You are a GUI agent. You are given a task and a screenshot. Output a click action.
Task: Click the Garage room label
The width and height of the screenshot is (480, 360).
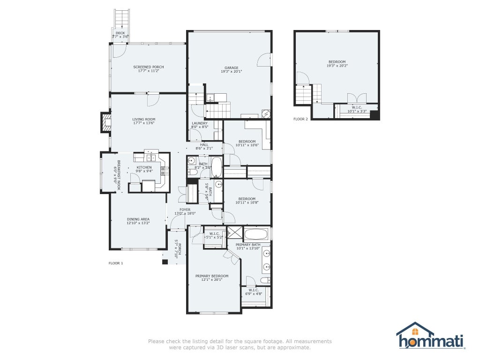coord(232,68)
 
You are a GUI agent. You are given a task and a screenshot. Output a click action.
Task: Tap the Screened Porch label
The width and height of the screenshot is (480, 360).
coord(149,67)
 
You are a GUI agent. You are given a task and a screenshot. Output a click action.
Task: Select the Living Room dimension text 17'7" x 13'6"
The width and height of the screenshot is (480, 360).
coord(144,123)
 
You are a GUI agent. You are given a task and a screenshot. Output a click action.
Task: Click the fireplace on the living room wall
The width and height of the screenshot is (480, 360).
coord(106,122)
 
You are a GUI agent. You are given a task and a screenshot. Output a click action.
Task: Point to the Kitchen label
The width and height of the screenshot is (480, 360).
coord(144,167)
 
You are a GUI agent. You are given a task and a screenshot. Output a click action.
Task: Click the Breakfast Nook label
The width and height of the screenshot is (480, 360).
coord(119,175)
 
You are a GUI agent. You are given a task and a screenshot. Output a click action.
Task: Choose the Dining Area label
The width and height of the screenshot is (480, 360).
coord(138,219)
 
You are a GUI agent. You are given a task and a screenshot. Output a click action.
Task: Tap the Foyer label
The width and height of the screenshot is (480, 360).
coord(185,210)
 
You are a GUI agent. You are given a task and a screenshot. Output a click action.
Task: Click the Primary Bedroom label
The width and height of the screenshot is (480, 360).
coord(212,276)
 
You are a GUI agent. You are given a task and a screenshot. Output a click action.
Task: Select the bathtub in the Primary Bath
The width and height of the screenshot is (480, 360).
coord(256,235)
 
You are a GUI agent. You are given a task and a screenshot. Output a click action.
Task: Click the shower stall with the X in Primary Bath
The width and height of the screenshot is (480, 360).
coord(235,233)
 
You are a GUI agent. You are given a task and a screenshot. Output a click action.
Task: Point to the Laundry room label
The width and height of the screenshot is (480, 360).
coord(200,123)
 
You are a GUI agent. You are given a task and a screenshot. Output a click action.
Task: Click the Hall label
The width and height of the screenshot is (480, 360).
coord(204,145)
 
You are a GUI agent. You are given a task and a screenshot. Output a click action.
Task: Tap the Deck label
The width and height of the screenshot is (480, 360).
coord(120,33)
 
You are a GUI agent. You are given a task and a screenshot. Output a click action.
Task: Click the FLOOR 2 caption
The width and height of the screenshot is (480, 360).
coord(300,119)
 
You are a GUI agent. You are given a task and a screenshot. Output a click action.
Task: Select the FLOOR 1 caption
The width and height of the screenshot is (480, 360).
coord(116,263)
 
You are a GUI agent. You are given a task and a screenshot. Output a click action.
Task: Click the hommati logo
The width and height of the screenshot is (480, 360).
coord(430,336)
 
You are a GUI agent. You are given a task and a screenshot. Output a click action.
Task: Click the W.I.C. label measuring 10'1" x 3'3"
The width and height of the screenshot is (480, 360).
coord(357,107)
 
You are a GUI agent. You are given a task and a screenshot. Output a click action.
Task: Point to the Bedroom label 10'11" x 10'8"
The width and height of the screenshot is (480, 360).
coord(247,199)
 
